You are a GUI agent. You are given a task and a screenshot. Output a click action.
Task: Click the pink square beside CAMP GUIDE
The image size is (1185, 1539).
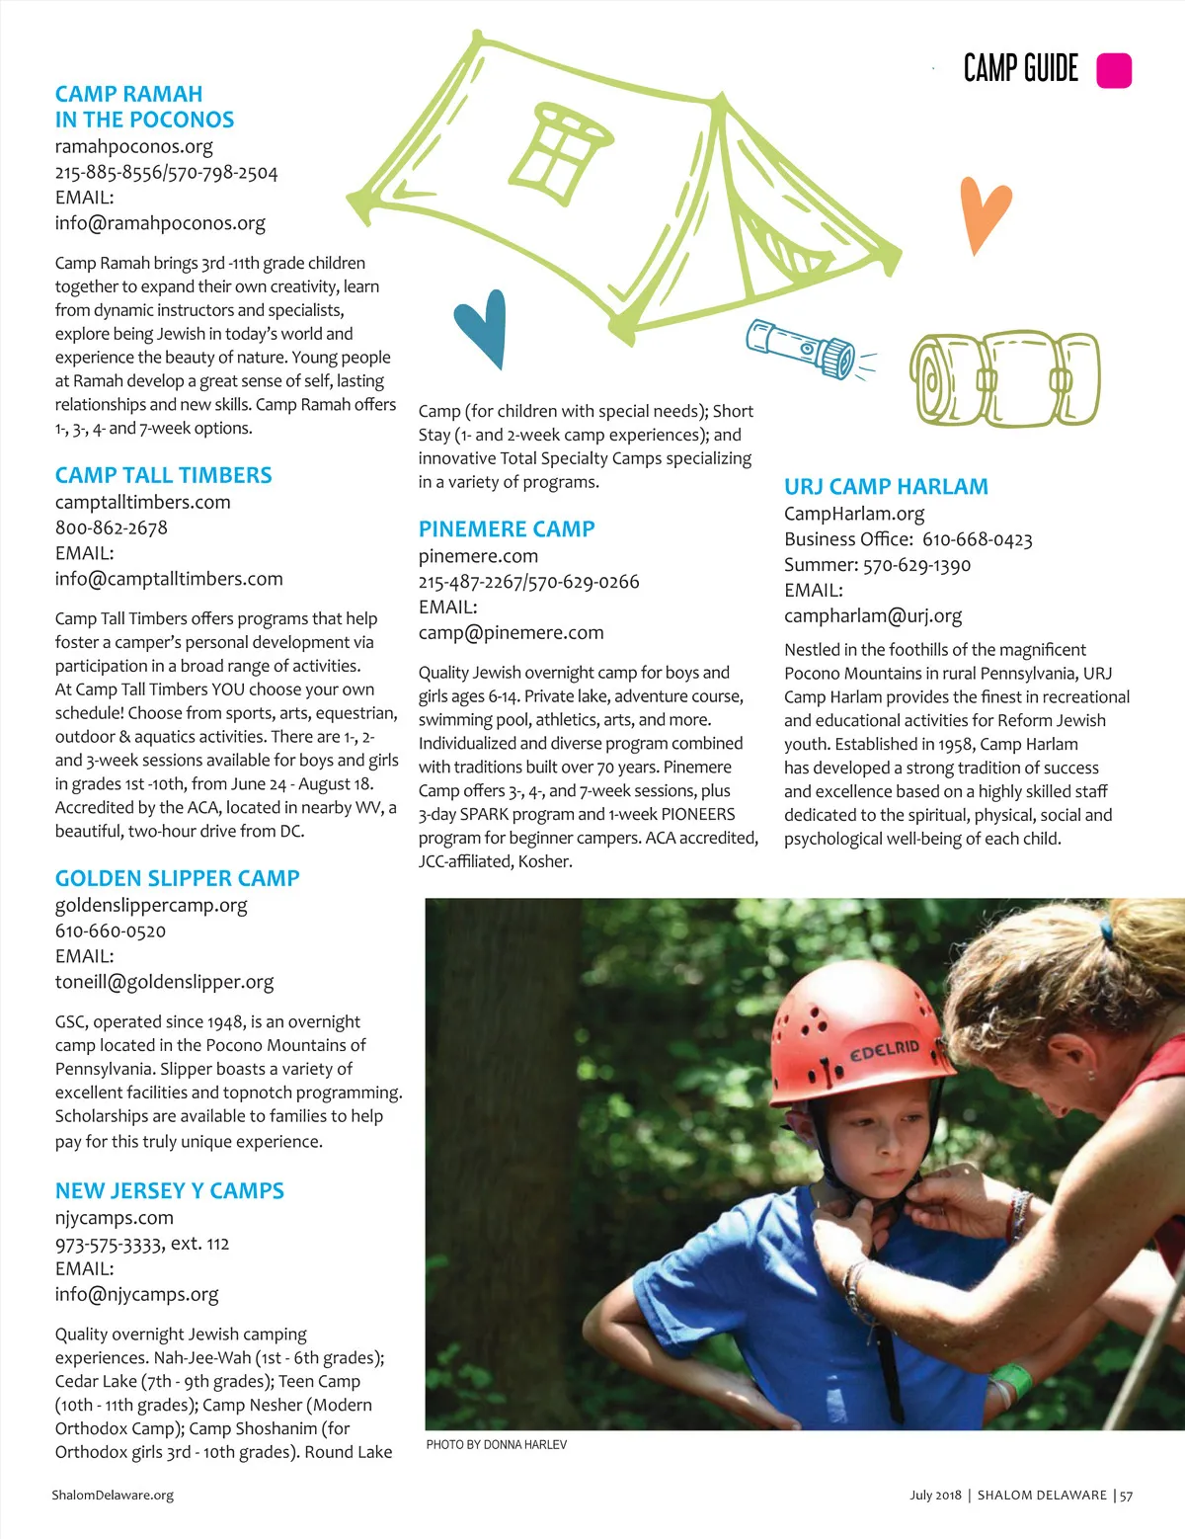pyautogui.click(x=1114, y=71)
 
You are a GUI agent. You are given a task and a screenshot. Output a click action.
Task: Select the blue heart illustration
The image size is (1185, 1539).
pyautogui.click(x=483, y=327)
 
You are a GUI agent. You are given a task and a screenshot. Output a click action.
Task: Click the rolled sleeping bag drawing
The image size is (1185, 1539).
pyautogui.click(x=1004, y=378)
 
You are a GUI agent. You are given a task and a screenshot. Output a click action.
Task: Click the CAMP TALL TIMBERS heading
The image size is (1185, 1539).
pyautogui.click(x=163, y=475)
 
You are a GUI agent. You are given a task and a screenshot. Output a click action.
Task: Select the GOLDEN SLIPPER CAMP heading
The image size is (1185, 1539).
pyautogui.click(x=177, y=878)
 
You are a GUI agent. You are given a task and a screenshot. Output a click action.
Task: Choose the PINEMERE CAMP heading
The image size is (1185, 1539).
pyautogui.click(x=507, y=528)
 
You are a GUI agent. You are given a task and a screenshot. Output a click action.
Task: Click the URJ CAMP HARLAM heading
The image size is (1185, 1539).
pyautogui.click(x=886, y=486)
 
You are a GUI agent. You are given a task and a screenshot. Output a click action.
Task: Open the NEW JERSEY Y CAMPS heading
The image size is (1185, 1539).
pyautogui.click(x=169, y=1190)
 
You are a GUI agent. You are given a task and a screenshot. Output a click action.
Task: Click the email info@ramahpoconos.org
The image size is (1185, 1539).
pyautogui.click(x=160, y=223)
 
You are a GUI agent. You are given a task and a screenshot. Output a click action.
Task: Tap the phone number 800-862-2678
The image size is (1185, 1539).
pyautogui.click(x=112, y=527)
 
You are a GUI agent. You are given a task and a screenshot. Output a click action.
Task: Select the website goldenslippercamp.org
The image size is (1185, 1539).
pyautogui.click(x=151, y=905)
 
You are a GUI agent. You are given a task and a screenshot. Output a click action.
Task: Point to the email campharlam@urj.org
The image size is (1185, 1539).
pyautogui.click(x=873, y=615)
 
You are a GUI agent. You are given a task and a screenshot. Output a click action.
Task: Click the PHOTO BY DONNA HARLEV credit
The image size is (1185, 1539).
pyautogui.click(x=497, y=1444)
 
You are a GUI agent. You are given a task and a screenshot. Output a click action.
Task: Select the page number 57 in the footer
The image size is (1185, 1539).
pyautogui.click(x=1126, y=1496)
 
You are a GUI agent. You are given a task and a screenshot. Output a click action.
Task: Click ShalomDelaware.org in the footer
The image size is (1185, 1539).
pyautogui.click(x=113, y=1495)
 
